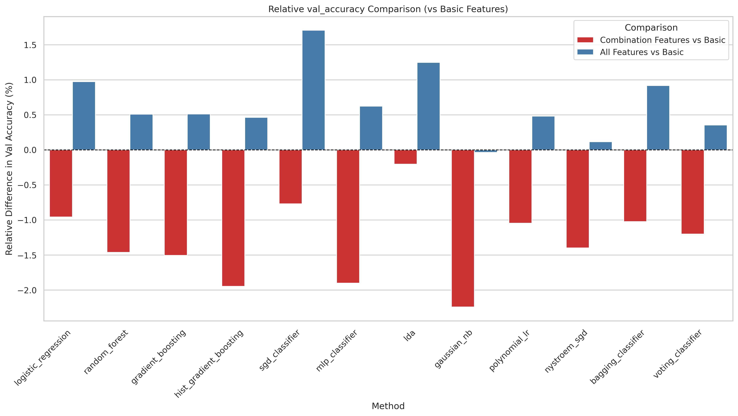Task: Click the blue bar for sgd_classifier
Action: coord(313,90)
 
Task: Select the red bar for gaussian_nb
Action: coord(463,228)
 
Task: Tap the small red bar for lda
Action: coord(405,157)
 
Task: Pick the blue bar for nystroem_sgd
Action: coord(600,146)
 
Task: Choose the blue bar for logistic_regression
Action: coord(84,116)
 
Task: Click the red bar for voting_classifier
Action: coord(692,192)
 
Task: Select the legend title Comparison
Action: coord(651,28)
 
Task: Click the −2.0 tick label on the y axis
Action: coord(27,290)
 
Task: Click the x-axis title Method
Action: coord(388,406)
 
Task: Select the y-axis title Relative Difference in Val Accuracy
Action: coord(9,169)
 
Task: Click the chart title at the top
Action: coord(388,9)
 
